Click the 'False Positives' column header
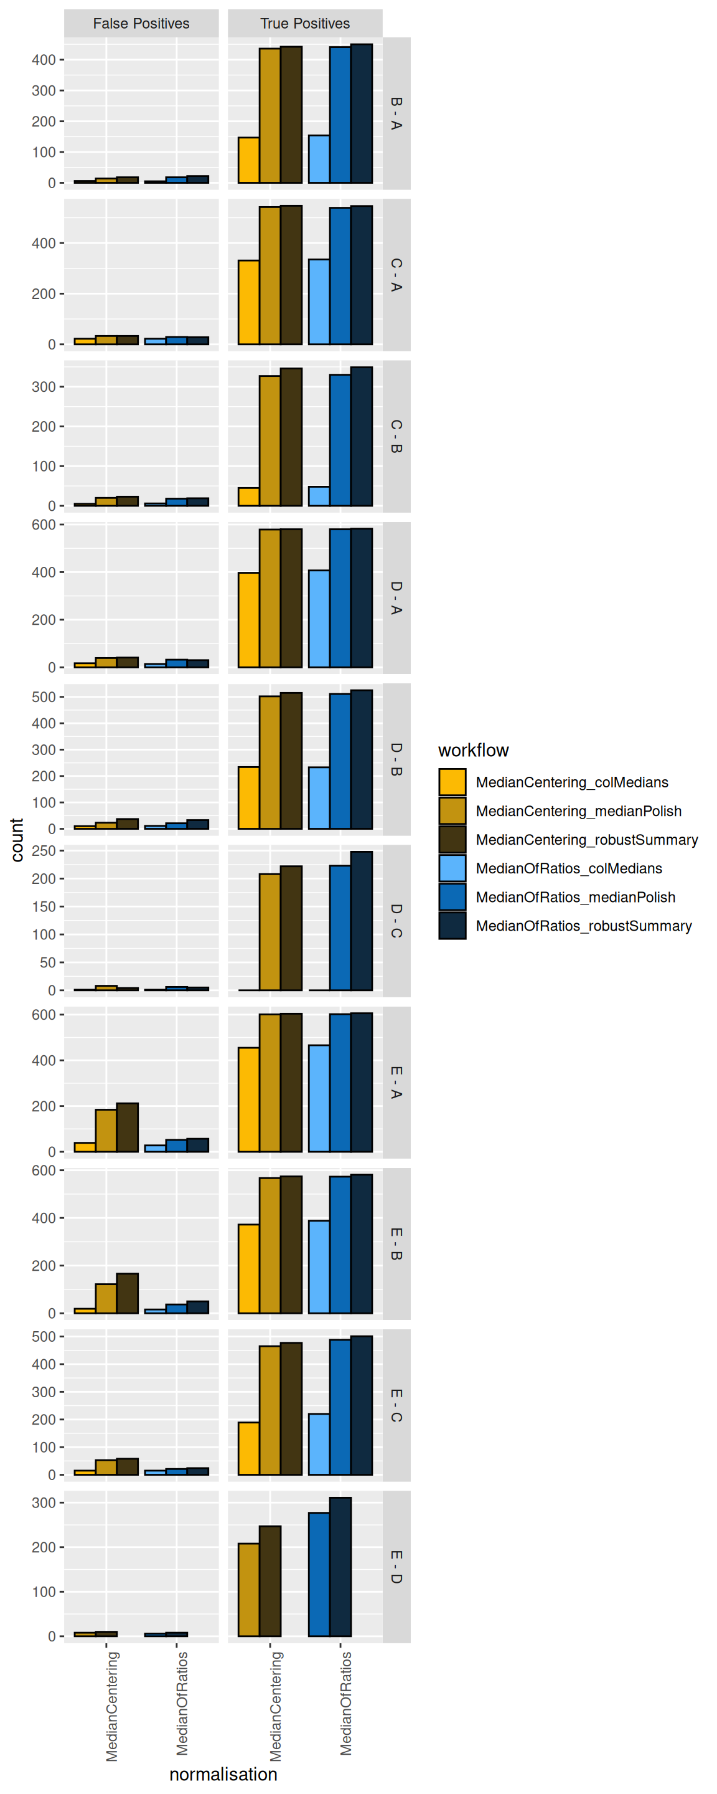point(141,24)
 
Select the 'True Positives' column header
point(305,24)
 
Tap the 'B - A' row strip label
point(396,113)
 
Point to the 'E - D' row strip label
point(396,1567)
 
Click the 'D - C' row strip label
point(396,921)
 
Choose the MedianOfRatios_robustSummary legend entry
point(583,926)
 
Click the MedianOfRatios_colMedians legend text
point(569,868)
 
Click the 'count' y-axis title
point(17,840)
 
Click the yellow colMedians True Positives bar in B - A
point(248,160)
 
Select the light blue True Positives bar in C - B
point(319,496)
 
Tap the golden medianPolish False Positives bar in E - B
point(106,1298)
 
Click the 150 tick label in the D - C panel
point(43,907)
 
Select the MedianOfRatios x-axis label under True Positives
point(346,1703)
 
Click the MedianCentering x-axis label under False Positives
point(112,1706)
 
